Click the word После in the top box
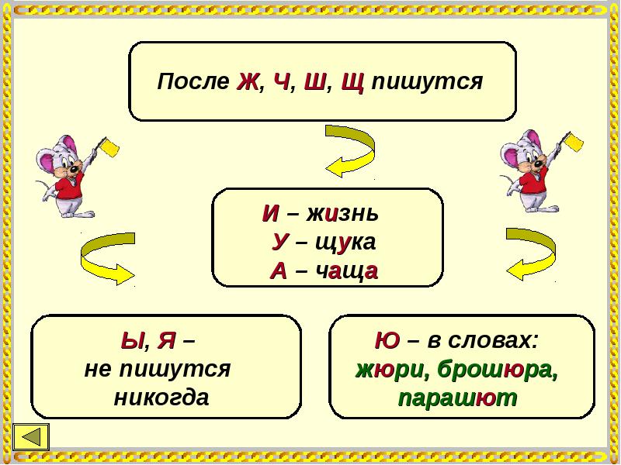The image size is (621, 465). [194, 82]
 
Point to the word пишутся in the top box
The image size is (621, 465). [427, 82]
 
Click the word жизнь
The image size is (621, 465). [342, 213]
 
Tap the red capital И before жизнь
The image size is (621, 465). [271, 213]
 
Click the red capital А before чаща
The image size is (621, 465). [279, 270]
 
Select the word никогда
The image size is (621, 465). [161, 398]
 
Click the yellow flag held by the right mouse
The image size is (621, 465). [575, 141]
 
